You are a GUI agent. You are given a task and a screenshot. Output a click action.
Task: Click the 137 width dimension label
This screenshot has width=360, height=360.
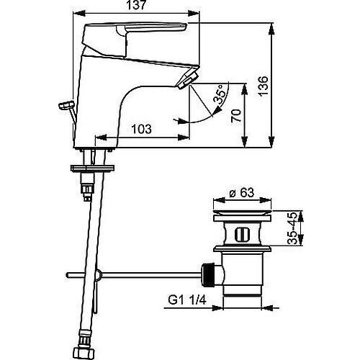[x=137, y=5]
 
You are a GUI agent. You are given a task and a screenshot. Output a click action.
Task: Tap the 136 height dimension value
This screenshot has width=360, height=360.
[x=263, y=86]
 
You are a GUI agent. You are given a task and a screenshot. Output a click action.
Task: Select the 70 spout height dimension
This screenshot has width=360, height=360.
[x=236, y=116]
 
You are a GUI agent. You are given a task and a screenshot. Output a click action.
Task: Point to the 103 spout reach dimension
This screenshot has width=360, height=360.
[x=142, y=129]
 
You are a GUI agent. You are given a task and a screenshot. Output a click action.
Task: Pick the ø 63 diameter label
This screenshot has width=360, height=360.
[x=242, y=192]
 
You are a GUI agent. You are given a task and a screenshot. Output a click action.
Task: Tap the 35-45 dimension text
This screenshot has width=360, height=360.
[x=293, y=228]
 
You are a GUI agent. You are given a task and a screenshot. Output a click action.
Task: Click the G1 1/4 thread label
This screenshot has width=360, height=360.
[x=187, y=300]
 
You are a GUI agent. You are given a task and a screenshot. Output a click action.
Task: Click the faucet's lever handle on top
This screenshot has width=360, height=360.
[x=135, y=36]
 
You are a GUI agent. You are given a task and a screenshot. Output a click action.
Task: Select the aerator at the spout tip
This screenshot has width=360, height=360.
[x=188, y=80]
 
